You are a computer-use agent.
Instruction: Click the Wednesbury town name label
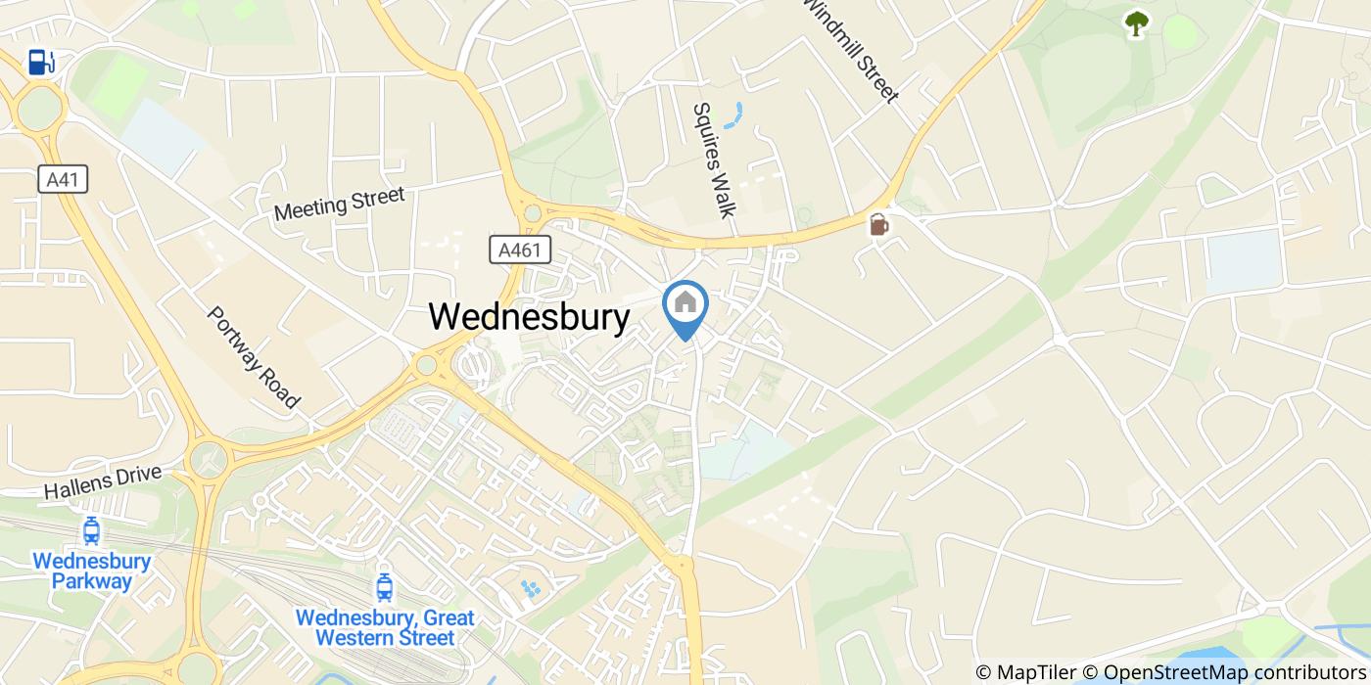[x=529, y=316]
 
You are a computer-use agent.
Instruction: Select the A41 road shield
[x=64, y=179]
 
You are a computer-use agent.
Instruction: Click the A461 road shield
[x=519, y=250]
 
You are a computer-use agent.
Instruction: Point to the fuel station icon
[x=40, y=63]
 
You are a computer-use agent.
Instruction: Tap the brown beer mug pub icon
[x=878, y=225]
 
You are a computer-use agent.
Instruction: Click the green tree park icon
[x=1136, y=23]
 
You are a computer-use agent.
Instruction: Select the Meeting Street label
[x=339, y=203]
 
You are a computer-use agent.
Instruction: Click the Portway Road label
[x=253, y=357]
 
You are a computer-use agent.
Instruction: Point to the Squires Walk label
[x=713, y=160]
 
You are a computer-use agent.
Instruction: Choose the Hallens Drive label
[x=102, y=482]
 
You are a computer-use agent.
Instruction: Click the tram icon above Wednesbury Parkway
[x=91, y=531]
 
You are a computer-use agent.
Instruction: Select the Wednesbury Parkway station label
[x=92, y=571]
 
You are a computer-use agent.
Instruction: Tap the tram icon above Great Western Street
[x=384, y=587]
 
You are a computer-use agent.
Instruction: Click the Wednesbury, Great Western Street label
[x=385, y=628]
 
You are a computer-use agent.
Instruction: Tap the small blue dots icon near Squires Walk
[x=734, y=114]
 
